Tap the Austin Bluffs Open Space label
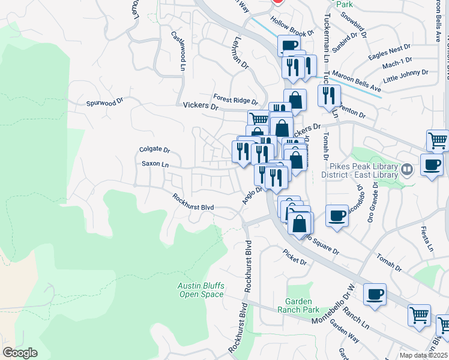click(200, 290)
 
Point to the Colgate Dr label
click(155, 151)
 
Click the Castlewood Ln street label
click(178, 51)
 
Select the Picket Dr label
click(295, 262)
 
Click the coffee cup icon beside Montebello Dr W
click(375, 294)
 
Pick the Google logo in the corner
click(20, 353)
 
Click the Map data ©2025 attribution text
click(423, 355)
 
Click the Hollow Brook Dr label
click(292, 27)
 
